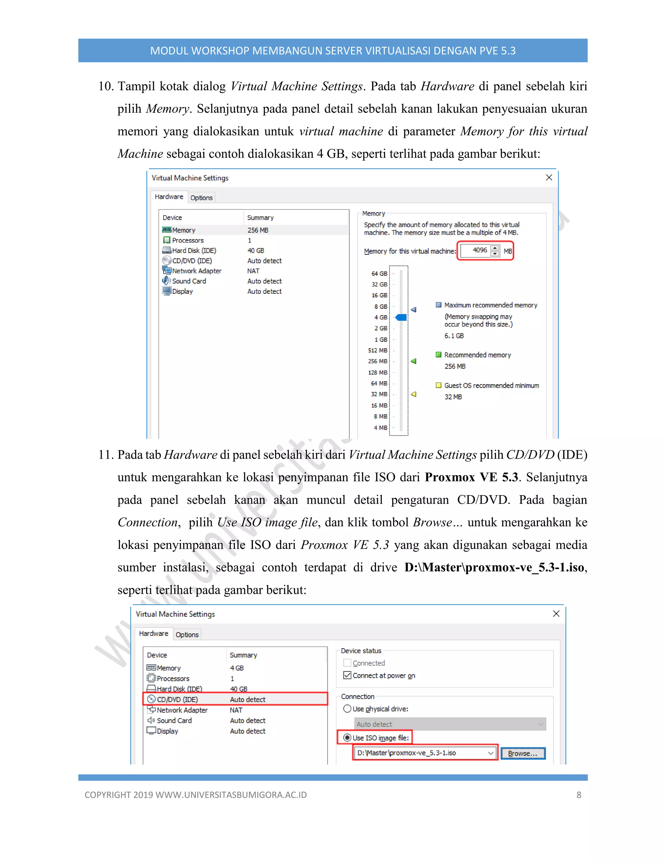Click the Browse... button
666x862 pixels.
pyautogui.click(x=523, y=753)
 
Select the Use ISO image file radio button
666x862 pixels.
pyautogui.click(x=347, y=738)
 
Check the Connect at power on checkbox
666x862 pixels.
pyautogui.click(x=347, y=675)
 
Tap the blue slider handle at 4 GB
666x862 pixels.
pyautogui.click(x=401, y=317)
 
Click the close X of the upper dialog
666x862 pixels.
pyautogui.click(x=549, y=178)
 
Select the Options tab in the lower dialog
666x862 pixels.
pyautogui.click(x=187, y=635)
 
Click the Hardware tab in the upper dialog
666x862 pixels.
pyautogui.click(x=169, y=196)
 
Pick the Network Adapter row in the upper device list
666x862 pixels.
pyautogui.click(x=196, y=271)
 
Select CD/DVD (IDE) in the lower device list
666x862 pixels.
pyautogui.click(x=178, y=699)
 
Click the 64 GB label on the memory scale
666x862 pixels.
pyautogui.click(x=379, y=274)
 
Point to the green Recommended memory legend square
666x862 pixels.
pyautogui.click(x=438, y=355)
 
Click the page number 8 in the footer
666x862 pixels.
pyautogui.click(x=579, y=795)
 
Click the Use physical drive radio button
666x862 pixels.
pyautogui.click(x=347, y=709)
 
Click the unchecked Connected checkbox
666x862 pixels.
pyautogui.click(x=347, y=663)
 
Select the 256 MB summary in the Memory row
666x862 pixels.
pyautogui.click(x=258, y=230)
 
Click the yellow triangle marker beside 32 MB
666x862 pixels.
pyautogui.click(x=414, y=394)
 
